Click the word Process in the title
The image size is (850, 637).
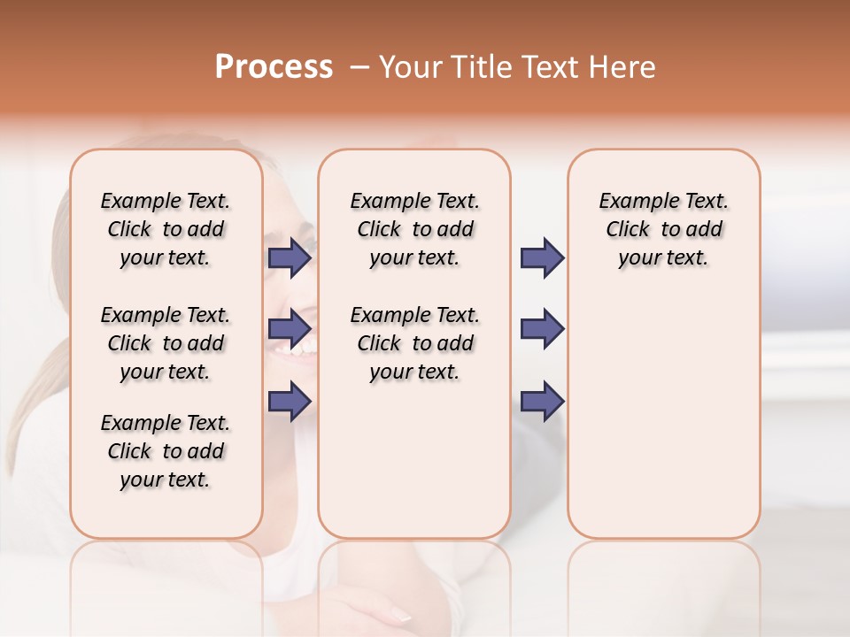(274, 67)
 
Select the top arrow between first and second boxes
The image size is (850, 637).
(289, 257)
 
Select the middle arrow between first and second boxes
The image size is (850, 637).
(289, 329)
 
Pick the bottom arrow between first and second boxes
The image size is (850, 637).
(289, 401)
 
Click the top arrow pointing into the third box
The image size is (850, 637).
(541, 257)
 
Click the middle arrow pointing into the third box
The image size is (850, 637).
(541, 329)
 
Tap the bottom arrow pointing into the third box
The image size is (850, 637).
(541, 401)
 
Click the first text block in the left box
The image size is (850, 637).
(166, 229)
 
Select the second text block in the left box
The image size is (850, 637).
(166, 343)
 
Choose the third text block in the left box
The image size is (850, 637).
(166, 451)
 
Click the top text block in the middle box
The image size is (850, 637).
(414, 229)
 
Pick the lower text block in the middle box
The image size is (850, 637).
(414, 343)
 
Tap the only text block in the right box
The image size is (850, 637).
(663, 229)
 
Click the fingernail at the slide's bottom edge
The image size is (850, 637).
(400, 614)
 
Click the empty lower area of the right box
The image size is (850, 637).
(663, 425)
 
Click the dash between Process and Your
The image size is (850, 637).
(359, 67)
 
